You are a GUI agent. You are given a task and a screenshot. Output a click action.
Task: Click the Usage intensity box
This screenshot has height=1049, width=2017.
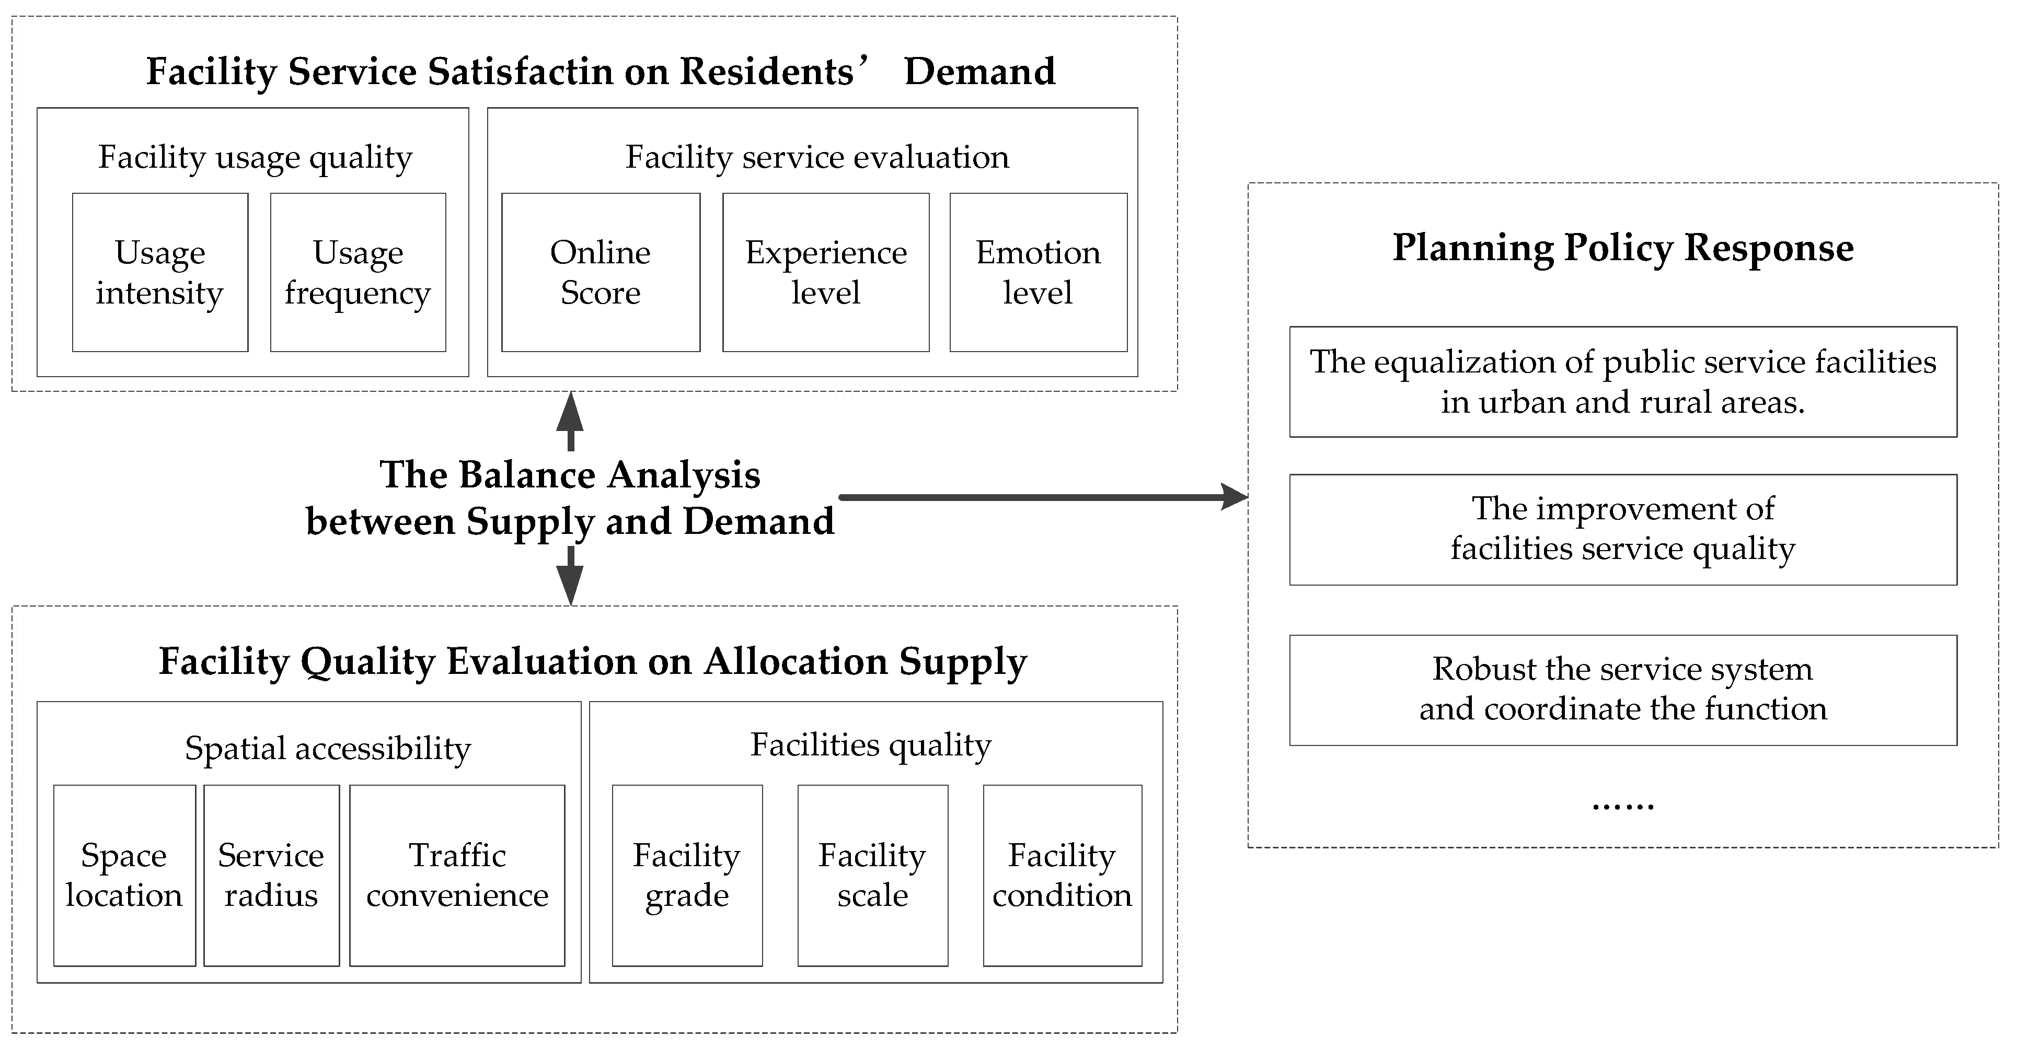(160, 272)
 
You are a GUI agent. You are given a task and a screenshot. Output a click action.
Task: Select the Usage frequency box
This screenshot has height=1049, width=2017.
(358, 272)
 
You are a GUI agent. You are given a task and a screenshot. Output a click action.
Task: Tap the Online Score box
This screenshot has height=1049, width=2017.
(601, 272)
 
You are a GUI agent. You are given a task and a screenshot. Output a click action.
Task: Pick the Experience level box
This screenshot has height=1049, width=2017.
(825, 272)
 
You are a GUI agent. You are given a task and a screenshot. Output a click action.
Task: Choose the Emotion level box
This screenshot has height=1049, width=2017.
(1038, 272)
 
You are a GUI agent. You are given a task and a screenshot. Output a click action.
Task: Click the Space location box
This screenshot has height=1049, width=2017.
(124, 875)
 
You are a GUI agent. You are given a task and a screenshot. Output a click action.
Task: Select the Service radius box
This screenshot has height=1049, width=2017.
(271, 875)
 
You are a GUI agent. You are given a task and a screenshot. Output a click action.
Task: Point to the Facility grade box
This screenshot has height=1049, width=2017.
(687, 875)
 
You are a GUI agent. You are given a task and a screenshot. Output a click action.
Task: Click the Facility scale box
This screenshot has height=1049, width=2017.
(872, 875)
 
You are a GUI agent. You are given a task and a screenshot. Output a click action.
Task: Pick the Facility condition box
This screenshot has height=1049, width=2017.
(1062, 875)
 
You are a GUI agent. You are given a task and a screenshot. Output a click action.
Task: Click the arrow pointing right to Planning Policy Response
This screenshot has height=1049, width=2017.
(1041, 496)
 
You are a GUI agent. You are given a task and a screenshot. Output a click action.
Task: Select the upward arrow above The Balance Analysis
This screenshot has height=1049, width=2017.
(570, 421)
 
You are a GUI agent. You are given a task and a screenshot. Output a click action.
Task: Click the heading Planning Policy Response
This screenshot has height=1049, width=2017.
(1622, 248)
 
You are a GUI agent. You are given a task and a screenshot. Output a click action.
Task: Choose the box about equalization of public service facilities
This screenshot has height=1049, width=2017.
(1622, 382)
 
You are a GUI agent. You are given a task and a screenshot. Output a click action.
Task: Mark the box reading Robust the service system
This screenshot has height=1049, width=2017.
(1622, 690)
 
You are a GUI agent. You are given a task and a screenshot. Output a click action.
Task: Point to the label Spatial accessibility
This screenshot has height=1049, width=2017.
(327, 749)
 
